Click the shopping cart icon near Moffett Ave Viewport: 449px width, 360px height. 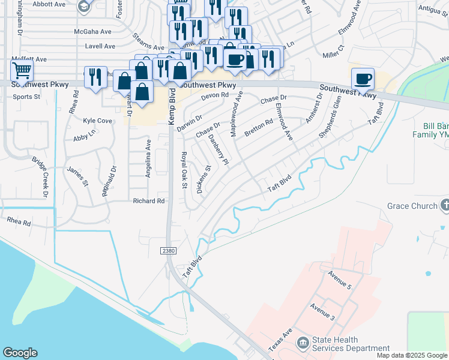click(22, 70)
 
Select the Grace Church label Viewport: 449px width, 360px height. click(412, 206)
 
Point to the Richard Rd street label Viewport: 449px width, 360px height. click(148, 201)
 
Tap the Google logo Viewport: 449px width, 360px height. click(20, 353)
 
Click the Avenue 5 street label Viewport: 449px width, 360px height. click(339, 280)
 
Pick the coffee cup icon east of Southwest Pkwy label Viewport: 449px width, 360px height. click(363, 79)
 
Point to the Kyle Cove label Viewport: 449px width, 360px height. click(98, 121)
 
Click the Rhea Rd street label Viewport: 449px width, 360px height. click(18, 222)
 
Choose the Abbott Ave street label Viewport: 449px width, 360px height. click(49, 4)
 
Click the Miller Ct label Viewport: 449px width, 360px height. click(333, 51)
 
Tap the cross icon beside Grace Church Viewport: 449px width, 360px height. click(445, 206)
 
